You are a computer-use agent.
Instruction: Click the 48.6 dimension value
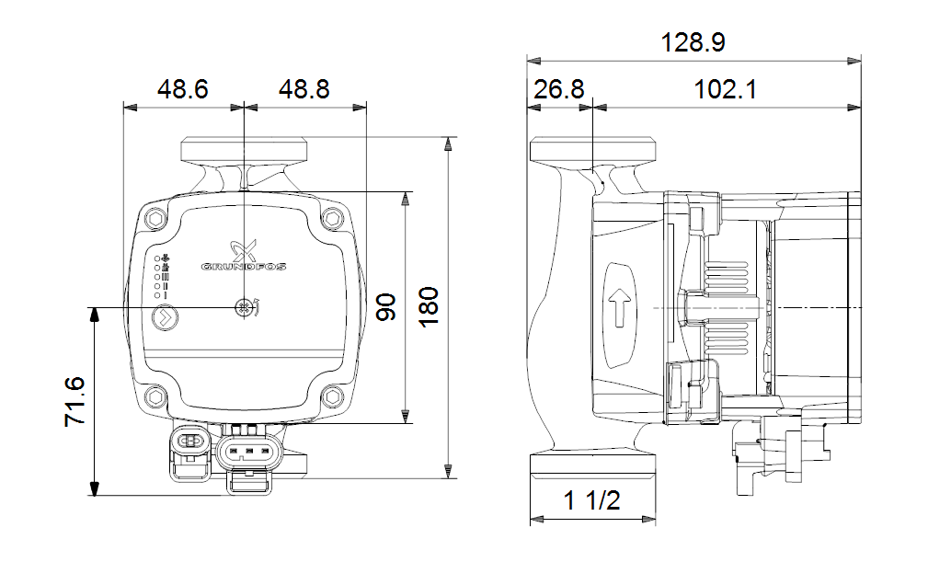coord(182,89)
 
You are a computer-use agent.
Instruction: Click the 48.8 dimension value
coord(304,89)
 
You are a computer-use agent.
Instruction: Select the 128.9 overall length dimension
coord(693,42)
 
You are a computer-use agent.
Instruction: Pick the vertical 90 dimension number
coord(386,307)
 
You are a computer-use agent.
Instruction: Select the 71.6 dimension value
coord(75,399)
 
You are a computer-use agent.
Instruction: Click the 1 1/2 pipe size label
coord(591,501)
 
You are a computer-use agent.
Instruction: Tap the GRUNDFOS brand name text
coord(244,267)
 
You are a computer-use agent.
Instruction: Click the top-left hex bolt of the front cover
coord(154,219)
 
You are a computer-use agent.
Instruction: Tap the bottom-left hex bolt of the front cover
coord(154,397)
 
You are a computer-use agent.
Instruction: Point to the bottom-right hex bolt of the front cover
coord(331,397)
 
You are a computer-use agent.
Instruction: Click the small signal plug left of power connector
coord(189,442)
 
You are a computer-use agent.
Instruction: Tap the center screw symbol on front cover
coord(244,308)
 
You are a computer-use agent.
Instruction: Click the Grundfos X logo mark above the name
coord(243,247)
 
